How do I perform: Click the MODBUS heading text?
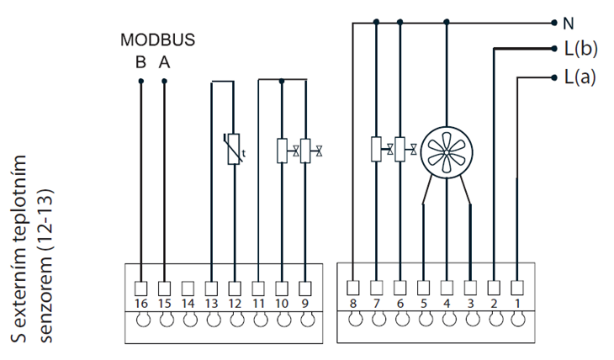157,39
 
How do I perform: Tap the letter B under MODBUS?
140,61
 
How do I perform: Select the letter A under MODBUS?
164,61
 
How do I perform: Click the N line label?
569,23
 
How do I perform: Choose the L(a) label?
580,77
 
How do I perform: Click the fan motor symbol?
447,152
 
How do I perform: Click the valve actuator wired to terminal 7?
376,149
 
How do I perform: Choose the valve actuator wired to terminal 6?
400,149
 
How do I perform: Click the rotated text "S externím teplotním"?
26,249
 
